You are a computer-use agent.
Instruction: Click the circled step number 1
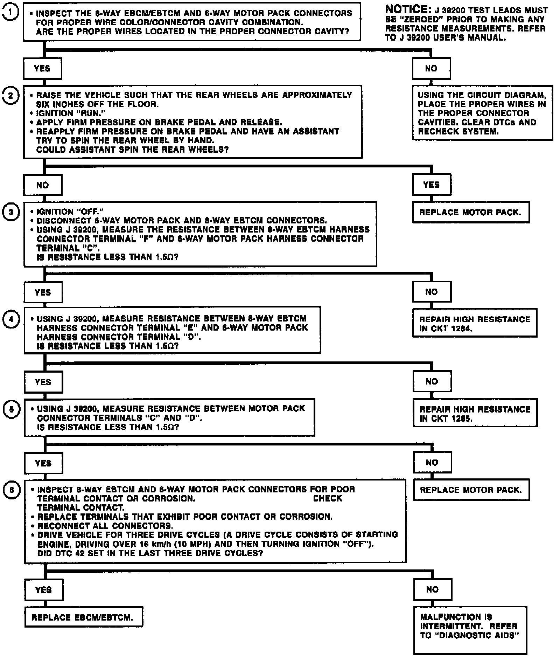10,13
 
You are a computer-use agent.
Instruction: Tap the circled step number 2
10,95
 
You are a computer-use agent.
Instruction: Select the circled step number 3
10,212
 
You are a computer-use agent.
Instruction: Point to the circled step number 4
11,319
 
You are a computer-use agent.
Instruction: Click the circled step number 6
12,490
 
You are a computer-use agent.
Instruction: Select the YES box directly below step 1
42,69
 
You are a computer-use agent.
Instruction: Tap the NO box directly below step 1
431,69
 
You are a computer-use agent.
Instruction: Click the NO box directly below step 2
43,185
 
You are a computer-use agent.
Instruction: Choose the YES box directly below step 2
431,185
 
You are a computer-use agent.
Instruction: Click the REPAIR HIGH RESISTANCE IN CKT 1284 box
475,323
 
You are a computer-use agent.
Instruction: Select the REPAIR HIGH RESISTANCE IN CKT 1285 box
475,413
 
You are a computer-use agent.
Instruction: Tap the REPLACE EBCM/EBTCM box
83,617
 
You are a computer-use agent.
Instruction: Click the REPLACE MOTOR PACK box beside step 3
470,212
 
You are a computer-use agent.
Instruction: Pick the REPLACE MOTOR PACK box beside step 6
471,490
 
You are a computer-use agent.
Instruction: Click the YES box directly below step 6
43,590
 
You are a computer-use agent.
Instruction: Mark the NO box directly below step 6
432,590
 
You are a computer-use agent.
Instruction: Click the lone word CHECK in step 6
327,498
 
